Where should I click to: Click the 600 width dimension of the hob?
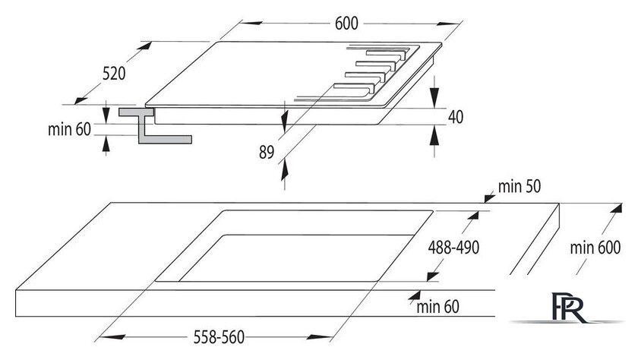tap(346, 24)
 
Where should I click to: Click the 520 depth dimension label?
tap(114, 74)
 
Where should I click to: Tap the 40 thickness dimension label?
tap(455, 117)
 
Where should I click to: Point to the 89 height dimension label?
tap(267, 152)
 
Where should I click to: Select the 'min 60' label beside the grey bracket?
tap(69, 129)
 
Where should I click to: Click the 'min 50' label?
tap(520, 186)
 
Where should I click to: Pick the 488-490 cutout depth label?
tap(453, 247)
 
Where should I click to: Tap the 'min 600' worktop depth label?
tap(595, 248)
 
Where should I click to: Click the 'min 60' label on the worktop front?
tap(437, 306)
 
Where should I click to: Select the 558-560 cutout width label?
tap(219, 337)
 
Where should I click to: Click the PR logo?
tap(569, 308)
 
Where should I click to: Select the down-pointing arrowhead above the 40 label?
tap(434, 97)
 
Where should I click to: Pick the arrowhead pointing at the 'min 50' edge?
tap(489, 198)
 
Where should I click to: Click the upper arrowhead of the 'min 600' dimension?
tap(616, 208)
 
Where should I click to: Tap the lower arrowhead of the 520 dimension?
tap(81, 99)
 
